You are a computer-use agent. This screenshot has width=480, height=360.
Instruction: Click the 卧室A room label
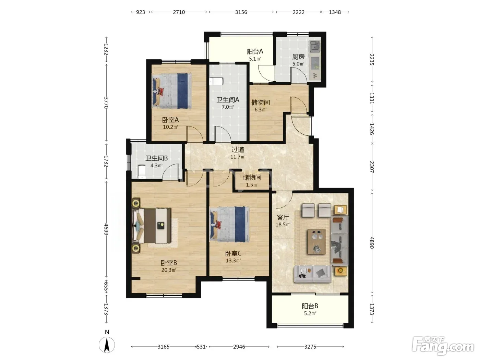point(170,120)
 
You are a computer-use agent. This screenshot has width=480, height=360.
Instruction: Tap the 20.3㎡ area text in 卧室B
point(169,270)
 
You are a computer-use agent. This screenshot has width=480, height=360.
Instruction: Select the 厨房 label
point(298,57)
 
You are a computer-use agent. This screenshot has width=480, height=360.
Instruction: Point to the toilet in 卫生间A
point(216,81)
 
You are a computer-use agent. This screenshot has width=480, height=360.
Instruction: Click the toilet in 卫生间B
point(142,171)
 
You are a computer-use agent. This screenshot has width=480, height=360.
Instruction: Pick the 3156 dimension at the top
point(241,12)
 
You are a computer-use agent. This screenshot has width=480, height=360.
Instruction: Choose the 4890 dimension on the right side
point(372,243)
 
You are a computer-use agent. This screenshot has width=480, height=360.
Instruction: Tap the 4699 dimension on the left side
point(106,229)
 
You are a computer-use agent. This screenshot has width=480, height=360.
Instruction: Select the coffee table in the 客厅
point(316,241)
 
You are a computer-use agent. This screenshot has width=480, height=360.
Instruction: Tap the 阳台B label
point(310,306)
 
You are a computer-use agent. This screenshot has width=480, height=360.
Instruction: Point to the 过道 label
point(238,150)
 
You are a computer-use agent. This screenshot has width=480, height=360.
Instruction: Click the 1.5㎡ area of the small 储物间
point(251,185)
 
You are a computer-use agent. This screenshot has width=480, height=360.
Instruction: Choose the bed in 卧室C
point(229,224)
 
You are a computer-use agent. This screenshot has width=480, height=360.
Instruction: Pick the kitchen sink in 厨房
point(314,47)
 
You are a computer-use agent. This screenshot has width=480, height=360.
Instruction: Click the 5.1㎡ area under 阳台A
point(255,59)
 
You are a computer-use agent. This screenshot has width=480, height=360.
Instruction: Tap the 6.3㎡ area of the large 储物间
point(260,109)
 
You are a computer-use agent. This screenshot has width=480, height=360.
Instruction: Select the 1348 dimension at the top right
point(335,12)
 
